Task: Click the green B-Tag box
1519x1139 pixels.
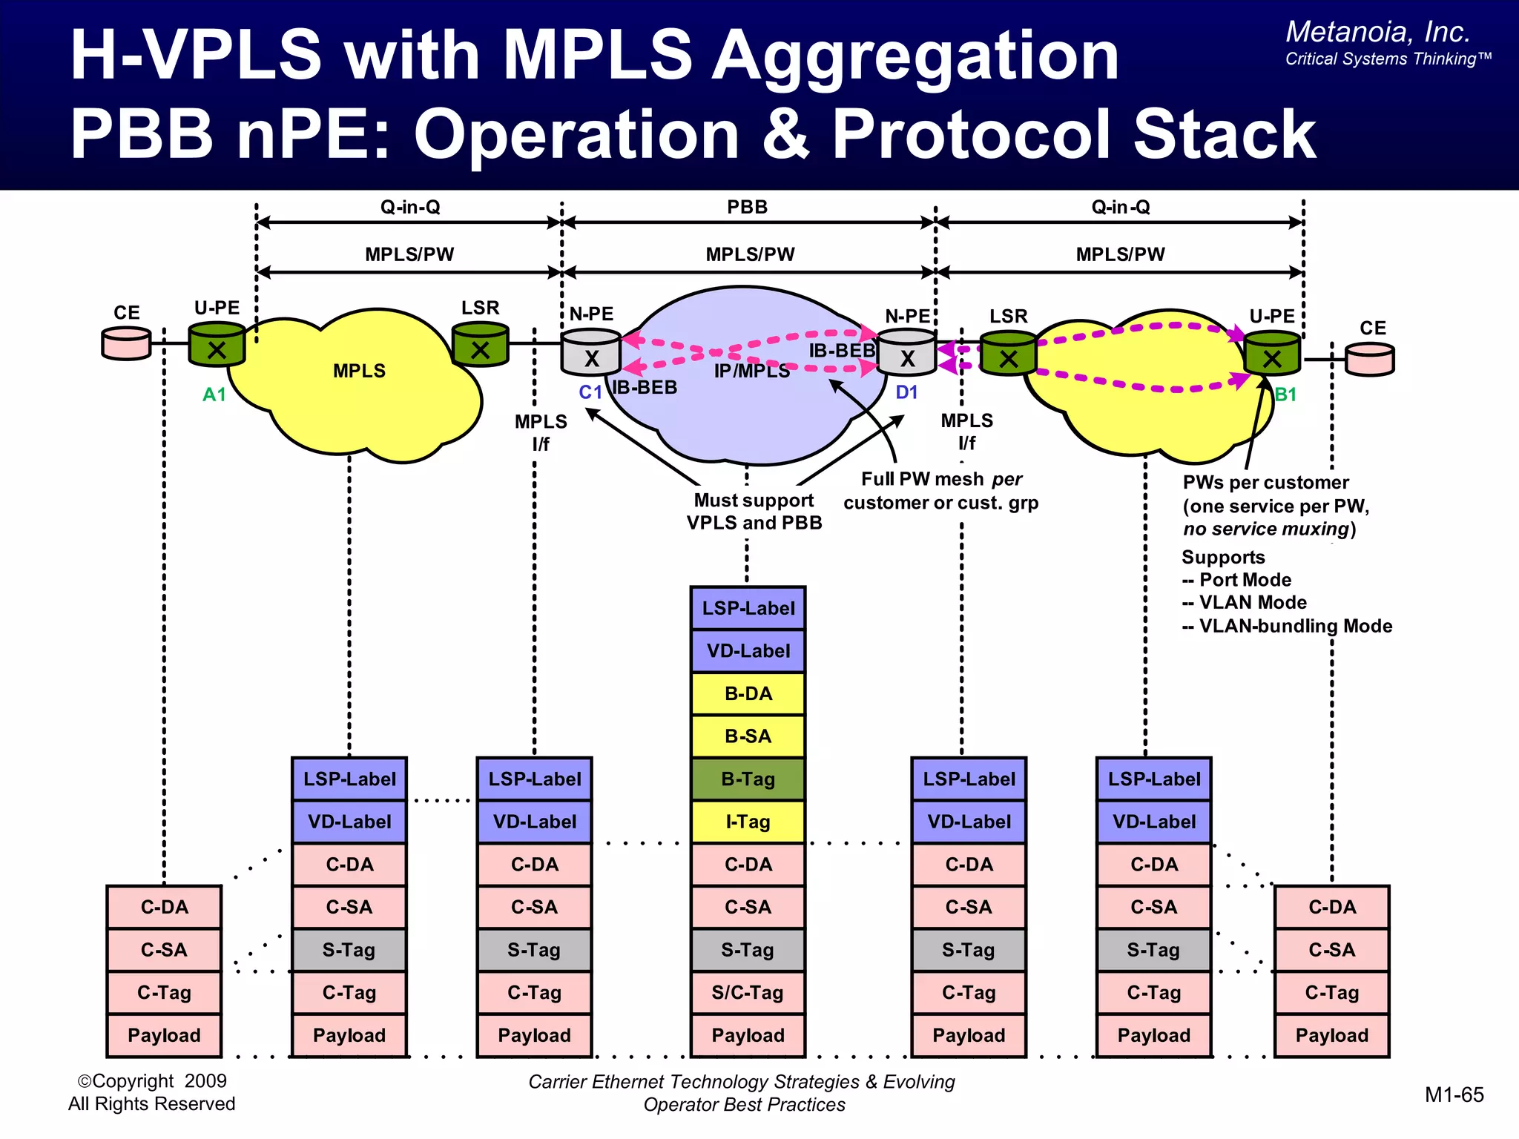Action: [x=748, y=779]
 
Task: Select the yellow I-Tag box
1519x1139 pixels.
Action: [x=748, y=822]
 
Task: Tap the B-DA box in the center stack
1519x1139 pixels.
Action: [x=748, y=693]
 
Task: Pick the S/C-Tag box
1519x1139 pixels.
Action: [x=748, y=992]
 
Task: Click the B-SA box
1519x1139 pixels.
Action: [x=748, y=736]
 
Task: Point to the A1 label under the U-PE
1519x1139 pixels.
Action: [x=214, y=394]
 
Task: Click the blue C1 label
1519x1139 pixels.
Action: [x=590, y=392]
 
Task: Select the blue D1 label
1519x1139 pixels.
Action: [x=906, y=392]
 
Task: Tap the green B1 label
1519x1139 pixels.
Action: [x=1285, y=394]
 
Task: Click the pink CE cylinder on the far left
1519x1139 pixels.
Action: [x=126, y=344]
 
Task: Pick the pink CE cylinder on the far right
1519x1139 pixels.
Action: [x=1370, y=360]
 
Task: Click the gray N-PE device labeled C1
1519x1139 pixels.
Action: [x=591, y=353]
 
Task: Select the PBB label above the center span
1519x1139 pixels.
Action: [x=747, y=207]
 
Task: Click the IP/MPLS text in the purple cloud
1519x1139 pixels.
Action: [x=751, y=372]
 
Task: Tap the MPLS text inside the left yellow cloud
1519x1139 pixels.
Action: [x=359, y=371]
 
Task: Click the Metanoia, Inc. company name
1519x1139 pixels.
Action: [x=1377, y=32]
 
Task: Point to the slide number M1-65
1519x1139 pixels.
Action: [x=1454, y=1095]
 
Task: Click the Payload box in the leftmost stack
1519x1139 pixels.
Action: [x=164, y=1035]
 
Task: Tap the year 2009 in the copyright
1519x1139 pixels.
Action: [x=205, y=1081]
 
